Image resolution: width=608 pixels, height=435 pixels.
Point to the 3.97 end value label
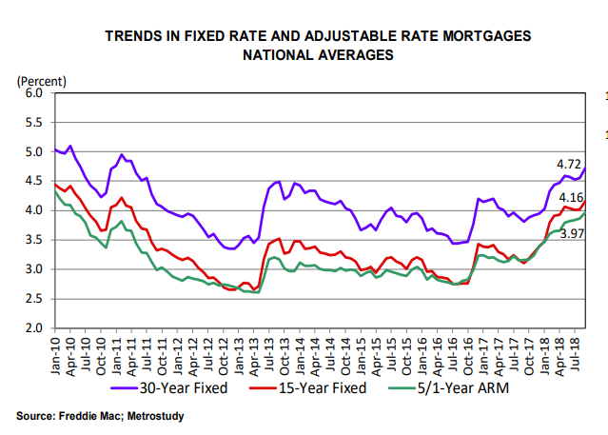tap(571, 234)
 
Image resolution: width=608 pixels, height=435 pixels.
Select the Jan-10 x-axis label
tap(56, 352)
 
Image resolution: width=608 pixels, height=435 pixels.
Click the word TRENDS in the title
tap(136, 37)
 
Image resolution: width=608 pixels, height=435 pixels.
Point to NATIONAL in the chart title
tap(277, 55)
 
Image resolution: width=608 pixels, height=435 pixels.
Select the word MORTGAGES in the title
tap(487, 37)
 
